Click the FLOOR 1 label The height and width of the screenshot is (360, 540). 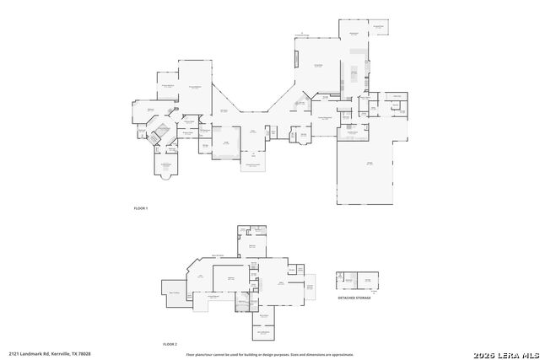coord(141,207)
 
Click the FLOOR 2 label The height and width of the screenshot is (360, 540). coord(170,344)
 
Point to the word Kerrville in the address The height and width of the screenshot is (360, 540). coord(59,353)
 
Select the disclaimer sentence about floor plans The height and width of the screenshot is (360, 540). coord(269,354)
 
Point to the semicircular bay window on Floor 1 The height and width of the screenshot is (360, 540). coord(166,176)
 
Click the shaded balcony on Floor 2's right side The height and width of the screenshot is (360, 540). coord(309,289)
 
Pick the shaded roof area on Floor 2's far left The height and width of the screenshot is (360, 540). coord(174,291)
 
